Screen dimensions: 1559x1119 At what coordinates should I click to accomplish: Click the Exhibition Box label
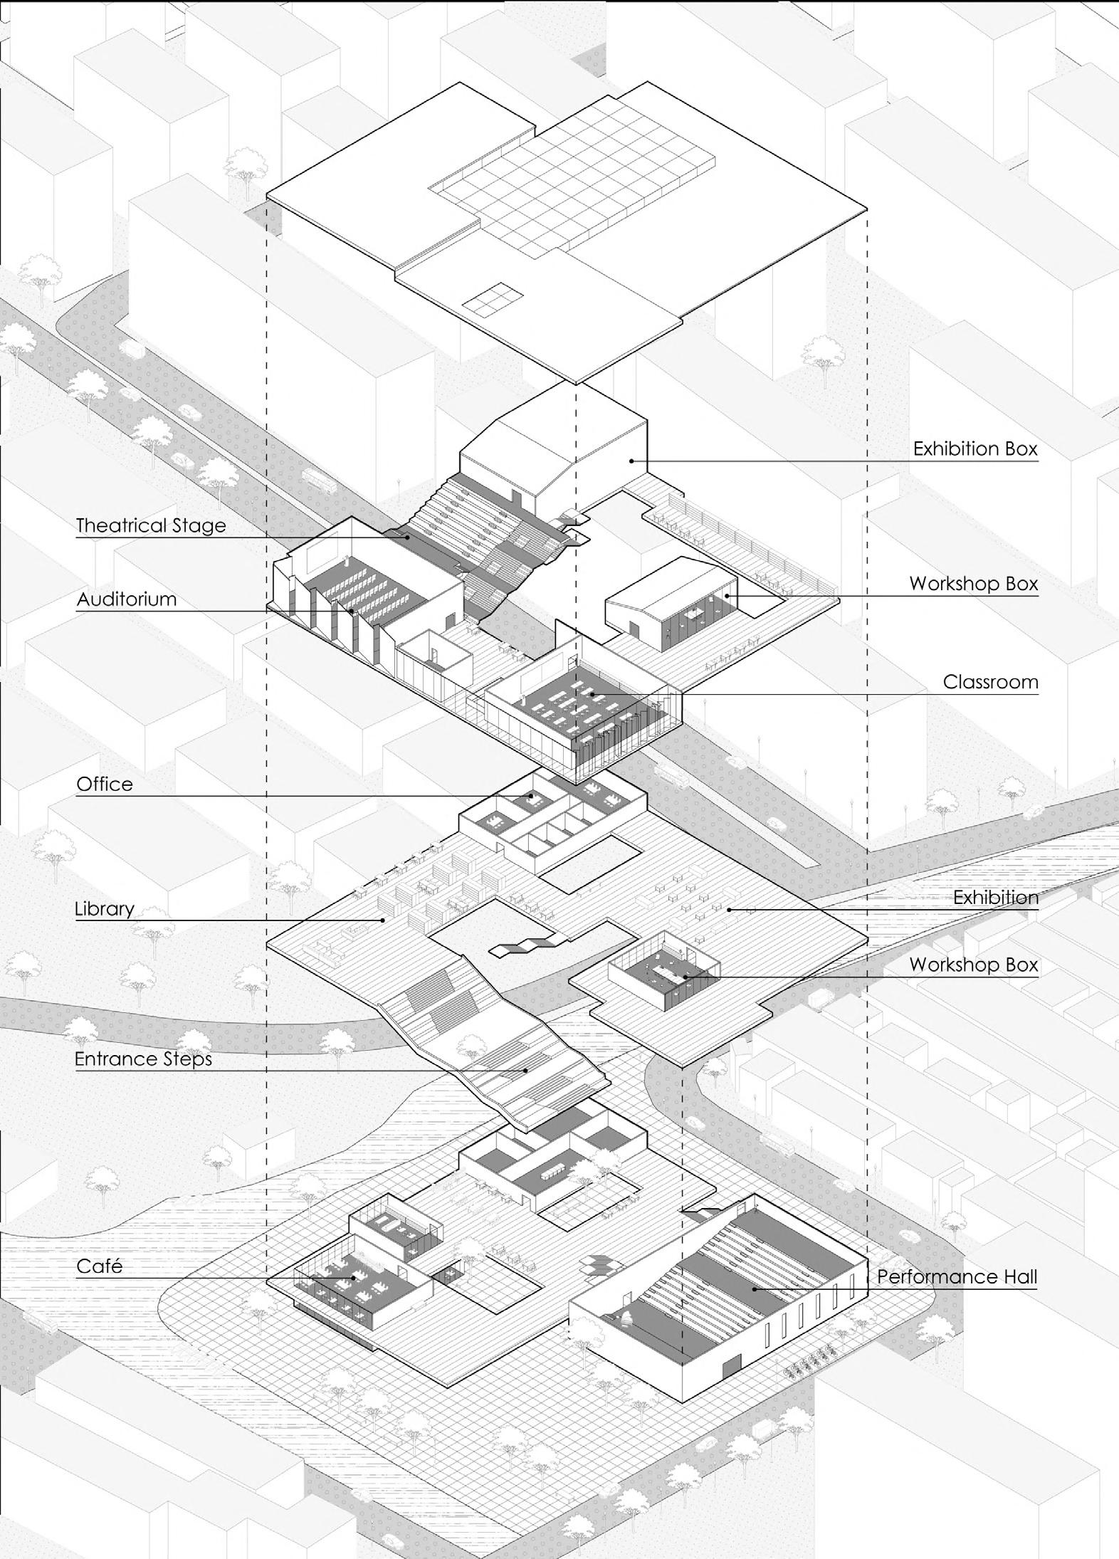[975, 449]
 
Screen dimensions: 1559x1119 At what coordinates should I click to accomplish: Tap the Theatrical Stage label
[151, 526]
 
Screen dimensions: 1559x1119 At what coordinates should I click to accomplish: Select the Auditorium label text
[127, 599]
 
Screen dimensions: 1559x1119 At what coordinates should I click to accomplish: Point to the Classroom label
[990, 682]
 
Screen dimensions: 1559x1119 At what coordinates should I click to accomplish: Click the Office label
[105, 784]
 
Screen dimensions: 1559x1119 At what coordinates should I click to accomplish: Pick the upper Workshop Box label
[973, 584]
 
